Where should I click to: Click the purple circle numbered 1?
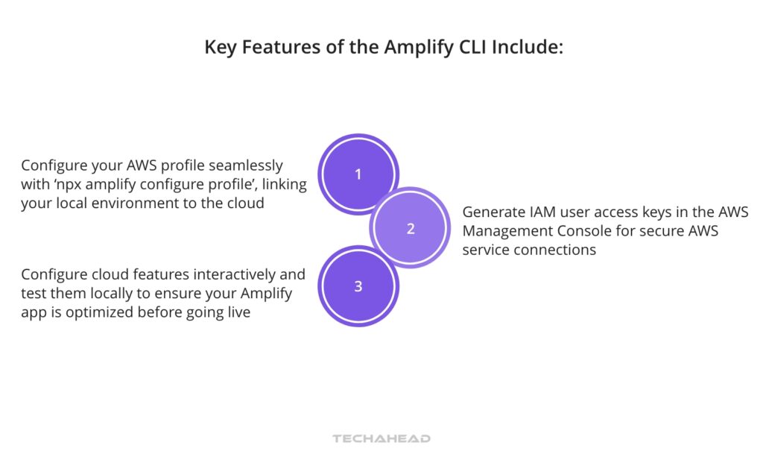click(x=358, y=174)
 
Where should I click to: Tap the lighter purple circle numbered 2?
click(x=410, y=228)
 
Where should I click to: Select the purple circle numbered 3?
click(x=358, y=286)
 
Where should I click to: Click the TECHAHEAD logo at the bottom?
click(x=381, y=438)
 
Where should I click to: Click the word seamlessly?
click(x=250, y=165)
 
